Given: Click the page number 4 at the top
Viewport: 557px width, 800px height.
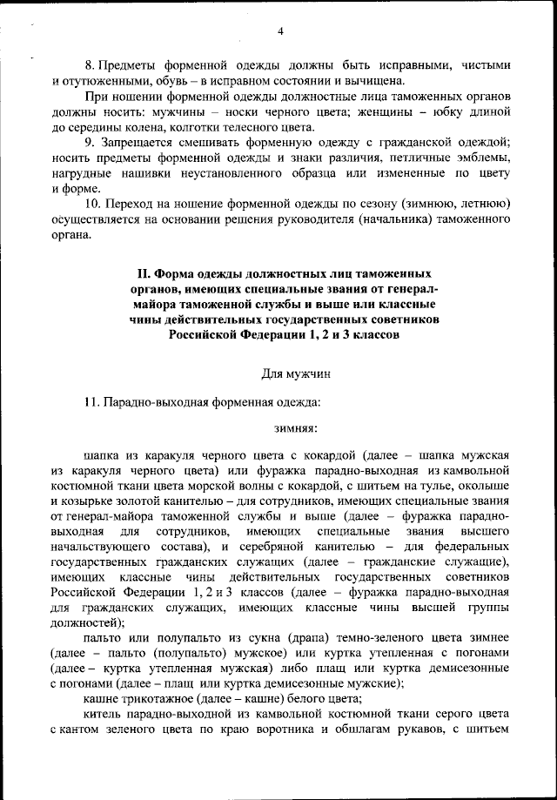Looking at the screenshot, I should [280, 32].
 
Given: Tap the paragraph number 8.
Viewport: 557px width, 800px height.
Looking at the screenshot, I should [88, 65].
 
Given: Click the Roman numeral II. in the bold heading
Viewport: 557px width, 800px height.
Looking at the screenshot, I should [135, 275].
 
